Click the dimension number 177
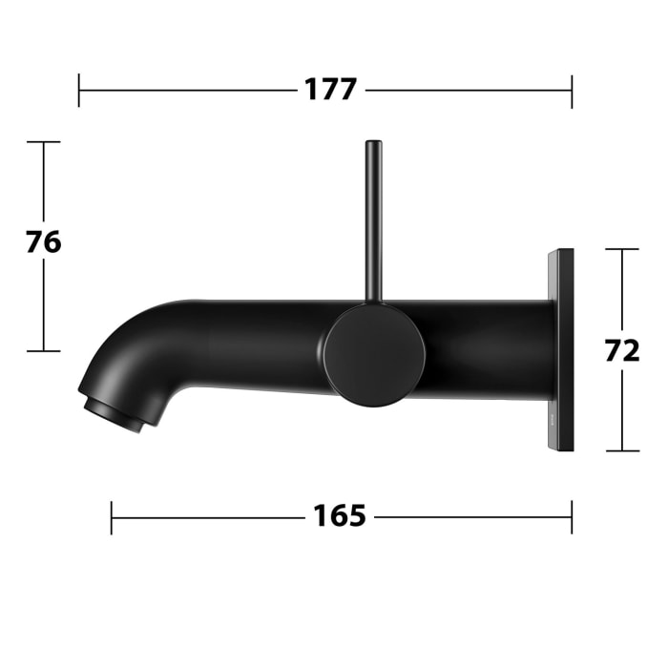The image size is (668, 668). tap(330, 91)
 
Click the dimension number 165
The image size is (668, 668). tap(340, 516)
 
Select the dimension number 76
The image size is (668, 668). tap(43, 242)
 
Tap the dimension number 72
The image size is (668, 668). tap(622, 350)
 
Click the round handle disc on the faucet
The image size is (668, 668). tap(374, 355)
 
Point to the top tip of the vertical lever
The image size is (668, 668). tap(373, 144)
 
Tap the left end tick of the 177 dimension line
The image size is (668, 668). tap(79, 92)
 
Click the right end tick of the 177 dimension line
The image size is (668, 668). tap(572, 92)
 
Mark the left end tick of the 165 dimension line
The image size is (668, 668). tap(112, 517)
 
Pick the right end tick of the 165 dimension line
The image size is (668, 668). tap(572, 517)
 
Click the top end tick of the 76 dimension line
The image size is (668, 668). tap(43, 142)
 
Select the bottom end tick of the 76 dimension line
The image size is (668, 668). tap(43, 351)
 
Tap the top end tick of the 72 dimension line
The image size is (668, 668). tap(622, 249)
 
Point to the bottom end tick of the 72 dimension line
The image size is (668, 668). tap(622, 450)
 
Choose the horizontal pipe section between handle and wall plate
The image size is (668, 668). tap(487, 349)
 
